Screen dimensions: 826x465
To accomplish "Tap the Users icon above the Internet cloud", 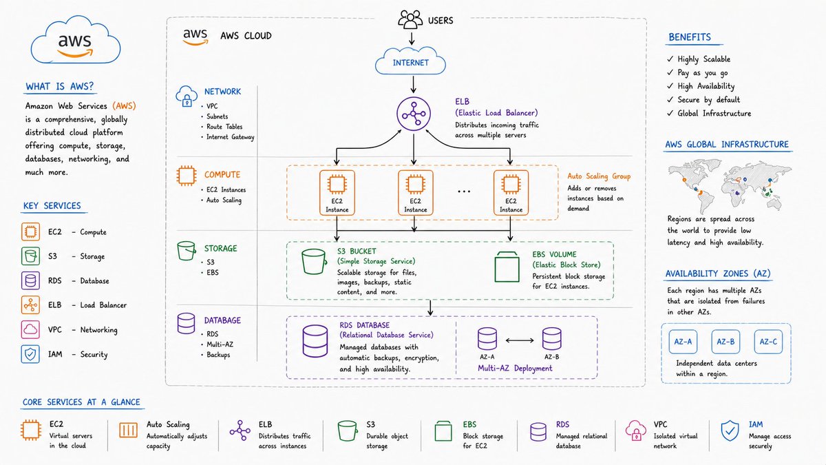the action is click(410, 19).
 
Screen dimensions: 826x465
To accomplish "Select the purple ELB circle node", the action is click(414, 114).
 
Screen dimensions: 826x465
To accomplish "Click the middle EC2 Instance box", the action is click(415, 193).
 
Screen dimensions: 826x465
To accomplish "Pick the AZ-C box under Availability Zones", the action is click(768, 342).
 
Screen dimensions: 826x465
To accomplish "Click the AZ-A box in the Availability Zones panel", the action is click(683, 342).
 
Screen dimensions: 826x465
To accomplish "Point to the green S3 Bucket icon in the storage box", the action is click(314, 262).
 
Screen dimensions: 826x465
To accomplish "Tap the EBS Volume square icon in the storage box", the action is click(507, 267).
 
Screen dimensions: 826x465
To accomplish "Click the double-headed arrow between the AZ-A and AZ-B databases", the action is click(520, 340).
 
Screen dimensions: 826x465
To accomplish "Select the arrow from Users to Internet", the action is click(412, 39).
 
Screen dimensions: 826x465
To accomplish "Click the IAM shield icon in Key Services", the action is click(30, 354).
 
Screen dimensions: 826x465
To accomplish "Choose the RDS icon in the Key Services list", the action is click(30, 280).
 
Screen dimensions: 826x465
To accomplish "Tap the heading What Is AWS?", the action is click(59, 86).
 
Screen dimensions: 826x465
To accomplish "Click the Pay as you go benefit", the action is click(703, 73).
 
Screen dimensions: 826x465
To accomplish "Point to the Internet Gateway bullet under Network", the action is click(230, 137).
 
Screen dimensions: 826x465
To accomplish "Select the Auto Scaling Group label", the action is click(599, 176).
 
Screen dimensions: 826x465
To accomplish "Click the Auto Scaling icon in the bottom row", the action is click(128, 431).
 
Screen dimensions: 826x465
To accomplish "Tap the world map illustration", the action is click(730, 185).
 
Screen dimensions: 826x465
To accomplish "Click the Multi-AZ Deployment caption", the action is click(515, 369).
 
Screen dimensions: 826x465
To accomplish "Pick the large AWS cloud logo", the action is click(76, 40).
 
